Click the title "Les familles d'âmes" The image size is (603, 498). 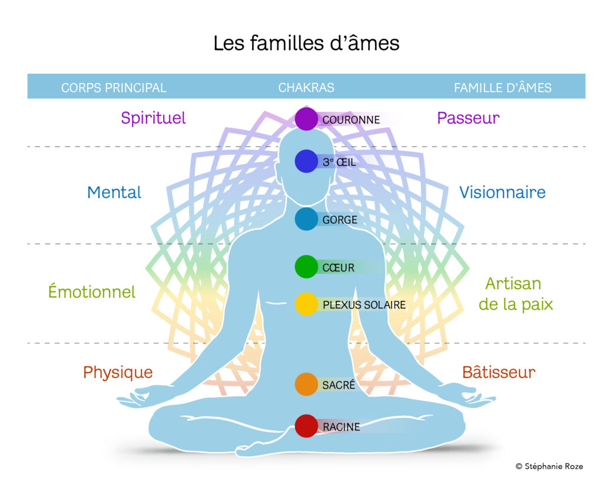pyautogui.click(x=306, y=43)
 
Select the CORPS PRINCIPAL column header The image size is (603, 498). pyautogui.click(x=114, y=88)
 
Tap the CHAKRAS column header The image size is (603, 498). pyautogui.click(x=306, y=88)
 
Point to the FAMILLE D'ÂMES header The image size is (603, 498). pyautogui.click(x=502, y=88)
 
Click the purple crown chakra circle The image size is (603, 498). pyautogui.click(x=306, y=119)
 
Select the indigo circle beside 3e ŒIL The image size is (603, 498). pyautogui.click(x=306, y=161)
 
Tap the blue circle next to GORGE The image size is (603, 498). pyautogui.click(x=306, y=219)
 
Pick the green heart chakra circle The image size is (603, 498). pyautogui.click(x=306, y=267)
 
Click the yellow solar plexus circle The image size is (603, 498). pyautogui.click(x=306, y=304)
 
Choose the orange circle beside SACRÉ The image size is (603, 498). pyautogui.click(x=306, y=384)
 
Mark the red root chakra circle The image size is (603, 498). pyautogui.click(x=306, y=426)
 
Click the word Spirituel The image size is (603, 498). pyautogui.click(x=153, y=118)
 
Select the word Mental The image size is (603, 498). pyautogui.click(x=114, y=192)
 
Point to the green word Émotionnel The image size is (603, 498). pyautogui.click(x=92, y=291)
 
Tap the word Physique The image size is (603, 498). pyautogui.click(x=118, y=372)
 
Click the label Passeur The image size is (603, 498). pyautogui.click(x=468, y=118)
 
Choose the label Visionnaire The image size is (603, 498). pyautogui.click(x=502, y=192)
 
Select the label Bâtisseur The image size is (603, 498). pyautogui.click(x=499, y=372)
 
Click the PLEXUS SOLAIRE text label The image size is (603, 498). pyautogui.click(x=364, y=305)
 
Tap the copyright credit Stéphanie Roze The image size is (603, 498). pyautogui.click(x=550, y=466)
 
